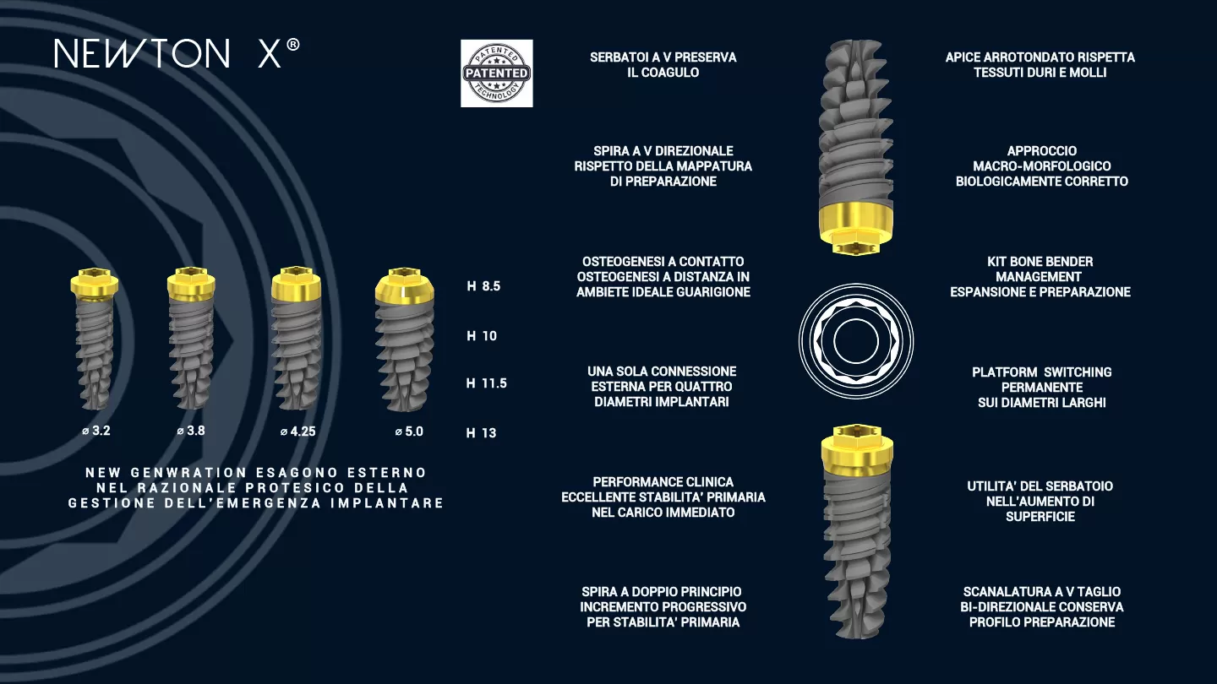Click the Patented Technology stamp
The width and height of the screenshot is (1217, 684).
tap(497, 73)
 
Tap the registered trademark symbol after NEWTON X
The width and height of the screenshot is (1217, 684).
tap(292, 45)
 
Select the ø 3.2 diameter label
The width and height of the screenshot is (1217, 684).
tap(96, 431)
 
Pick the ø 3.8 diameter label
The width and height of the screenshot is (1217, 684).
tap(191, 431)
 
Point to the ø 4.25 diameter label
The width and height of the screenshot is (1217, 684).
tap(297, 432)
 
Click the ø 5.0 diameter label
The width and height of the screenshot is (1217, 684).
tap(409, 432)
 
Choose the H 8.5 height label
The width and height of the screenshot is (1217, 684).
tap(483, 286)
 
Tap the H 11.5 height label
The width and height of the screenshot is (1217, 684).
tap(486, 383)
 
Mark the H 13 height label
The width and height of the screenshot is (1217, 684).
tap(482, 433)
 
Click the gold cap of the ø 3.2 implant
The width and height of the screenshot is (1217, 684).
tap(95, 284)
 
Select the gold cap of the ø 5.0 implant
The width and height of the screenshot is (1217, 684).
tap(404, 285)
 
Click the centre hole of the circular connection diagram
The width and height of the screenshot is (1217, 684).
tap(855, 341)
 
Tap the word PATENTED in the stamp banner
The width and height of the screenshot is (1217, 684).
tap(497, 73)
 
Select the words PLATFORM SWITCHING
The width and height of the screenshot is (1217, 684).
tap(1041, 372)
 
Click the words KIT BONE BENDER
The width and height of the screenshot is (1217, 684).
tap(1040, 262)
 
